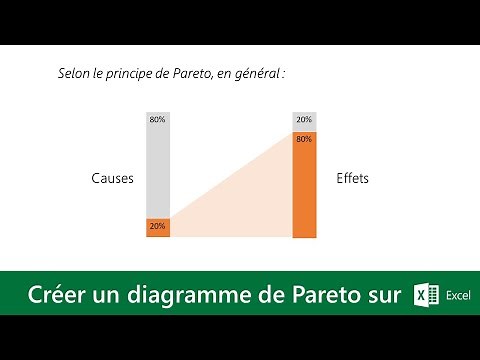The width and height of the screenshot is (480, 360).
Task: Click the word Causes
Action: tap(112, 178)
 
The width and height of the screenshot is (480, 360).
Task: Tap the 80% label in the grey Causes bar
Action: tap(158, 120)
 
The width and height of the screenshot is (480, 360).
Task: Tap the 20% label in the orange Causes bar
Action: tap(158, 226)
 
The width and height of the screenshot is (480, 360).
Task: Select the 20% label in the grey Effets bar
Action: tap(304, 120)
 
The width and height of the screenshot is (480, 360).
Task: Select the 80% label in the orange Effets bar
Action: tap(304, 139)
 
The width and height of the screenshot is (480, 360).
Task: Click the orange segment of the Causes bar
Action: tap(158, 228)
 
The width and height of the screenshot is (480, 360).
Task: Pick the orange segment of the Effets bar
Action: tap(304, 190)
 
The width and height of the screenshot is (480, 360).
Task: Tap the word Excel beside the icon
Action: tap(458, 296)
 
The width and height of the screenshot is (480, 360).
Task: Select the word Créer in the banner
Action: tap(59, 295)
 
